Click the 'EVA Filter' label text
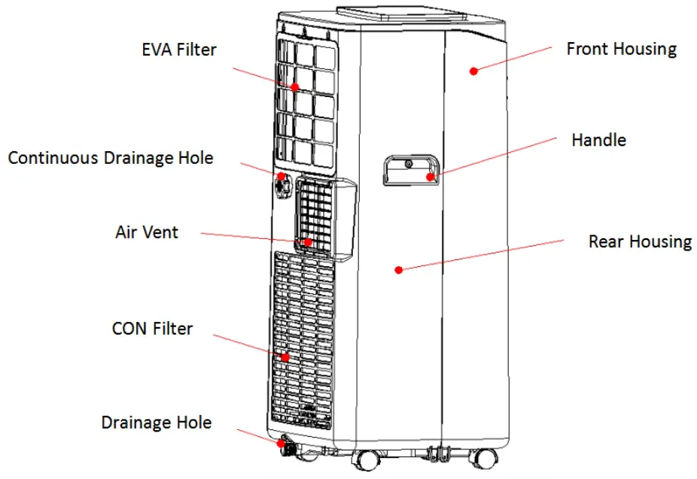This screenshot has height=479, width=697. [x=179, y=50]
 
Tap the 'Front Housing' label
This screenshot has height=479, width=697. [x=621, y=50]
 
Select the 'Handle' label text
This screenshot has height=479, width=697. [x=598, y=140]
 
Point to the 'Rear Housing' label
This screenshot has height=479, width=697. [x=639, y=241]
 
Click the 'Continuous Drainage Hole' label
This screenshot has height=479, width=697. [x=111, y=159]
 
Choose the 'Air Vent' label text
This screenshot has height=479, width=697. [x=147, y=232]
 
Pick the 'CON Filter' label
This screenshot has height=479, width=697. [x=152, y=329]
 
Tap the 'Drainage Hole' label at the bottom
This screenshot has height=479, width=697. [x=156, y=423]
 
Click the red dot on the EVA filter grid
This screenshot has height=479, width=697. [x=296, y=87]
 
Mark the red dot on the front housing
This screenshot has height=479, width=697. [x=473, y=71]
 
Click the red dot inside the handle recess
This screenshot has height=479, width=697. [x=431, y=177]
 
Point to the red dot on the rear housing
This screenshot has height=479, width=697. [x=399, y=268]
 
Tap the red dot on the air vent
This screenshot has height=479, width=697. [x=308, y=242]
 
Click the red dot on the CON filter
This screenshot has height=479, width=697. [x=286, y=356]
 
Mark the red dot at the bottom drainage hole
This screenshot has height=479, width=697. [x=282, y=444]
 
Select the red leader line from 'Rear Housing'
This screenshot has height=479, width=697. [x=482, y=255]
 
